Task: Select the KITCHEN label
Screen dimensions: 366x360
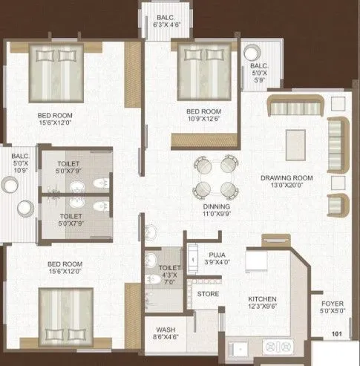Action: (x=263, y=300)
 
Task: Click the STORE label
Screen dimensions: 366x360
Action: (x=208, y=294)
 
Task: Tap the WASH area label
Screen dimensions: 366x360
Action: (x=166, y=330)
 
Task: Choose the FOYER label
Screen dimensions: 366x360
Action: (x=332, y=303)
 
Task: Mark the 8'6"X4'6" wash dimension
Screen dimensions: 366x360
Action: (x=166, y=339)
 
